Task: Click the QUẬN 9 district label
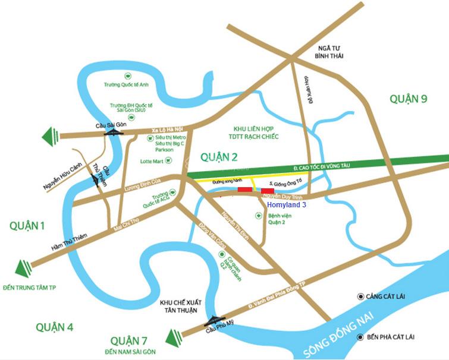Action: tap(408, 99)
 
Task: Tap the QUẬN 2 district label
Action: tap(219, 157)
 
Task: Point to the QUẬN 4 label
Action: tap(54, 326)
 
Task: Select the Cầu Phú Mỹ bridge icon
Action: tap(212, 320)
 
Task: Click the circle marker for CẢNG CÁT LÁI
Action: tap(360, 296)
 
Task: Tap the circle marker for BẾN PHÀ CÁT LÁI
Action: tap(360, 337)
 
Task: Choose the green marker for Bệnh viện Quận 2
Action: tap(258, 215)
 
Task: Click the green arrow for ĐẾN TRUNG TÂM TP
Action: tap(23, 269)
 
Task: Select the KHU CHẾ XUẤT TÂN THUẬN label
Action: tap(178, 307)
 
